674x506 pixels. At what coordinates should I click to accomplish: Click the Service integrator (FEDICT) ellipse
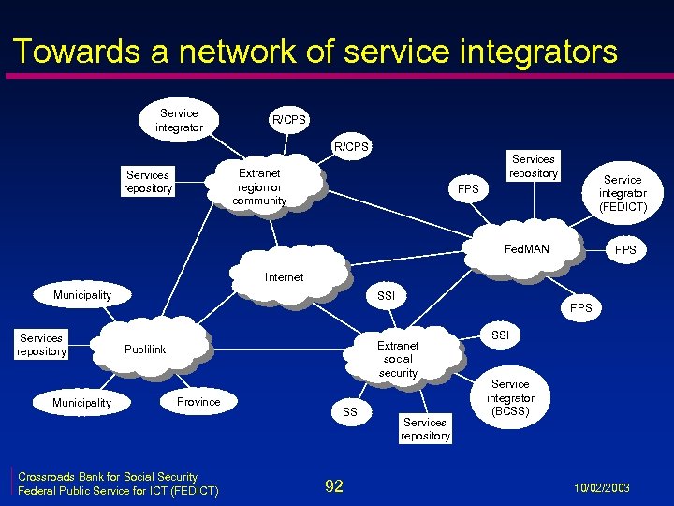click(623, 193)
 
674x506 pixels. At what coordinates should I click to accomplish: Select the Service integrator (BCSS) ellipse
click(510, 397)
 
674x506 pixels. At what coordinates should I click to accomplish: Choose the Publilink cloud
click(145, 350)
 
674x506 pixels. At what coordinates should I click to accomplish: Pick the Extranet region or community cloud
click(259, 186)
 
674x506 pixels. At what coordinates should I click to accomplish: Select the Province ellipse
click(198, 402)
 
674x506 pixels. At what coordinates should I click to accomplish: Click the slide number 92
click(333, 485)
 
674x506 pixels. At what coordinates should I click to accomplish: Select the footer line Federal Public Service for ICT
click(118, 491)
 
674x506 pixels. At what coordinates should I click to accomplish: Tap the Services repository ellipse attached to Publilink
click(41, 345)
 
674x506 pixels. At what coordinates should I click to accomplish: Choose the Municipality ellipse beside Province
click(81, 403)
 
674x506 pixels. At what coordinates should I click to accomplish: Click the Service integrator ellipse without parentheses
click(179, 120)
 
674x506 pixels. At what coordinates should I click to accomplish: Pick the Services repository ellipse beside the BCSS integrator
click(425, 429)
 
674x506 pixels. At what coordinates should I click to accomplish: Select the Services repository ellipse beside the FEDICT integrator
click(534, 166)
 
